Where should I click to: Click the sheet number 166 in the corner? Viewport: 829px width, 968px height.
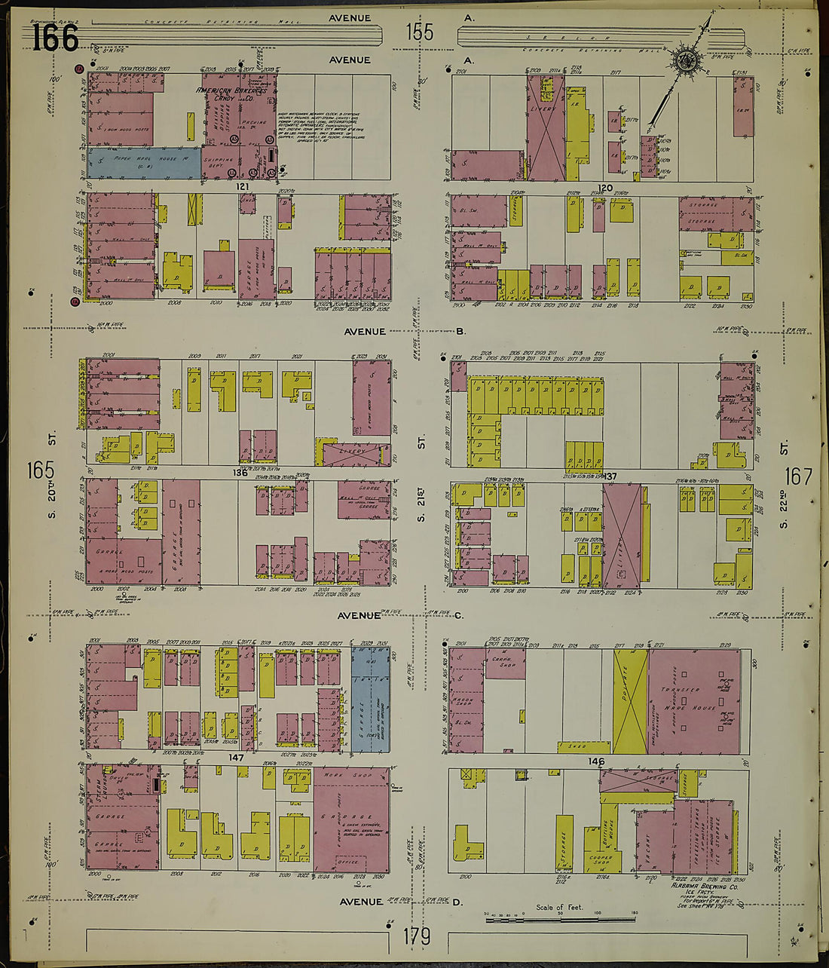pos(55,38)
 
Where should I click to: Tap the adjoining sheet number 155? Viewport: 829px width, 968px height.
pos(420,32)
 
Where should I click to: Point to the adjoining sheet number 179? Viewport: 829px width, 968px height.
pos(417,936)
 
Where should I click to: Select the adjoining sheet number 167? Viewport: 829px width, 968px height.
pos(798,476)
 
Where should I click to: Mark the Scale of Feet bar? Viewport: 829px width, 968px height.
pos(560,918)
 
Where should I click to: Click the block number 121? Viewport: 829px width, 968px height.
pos(242,186)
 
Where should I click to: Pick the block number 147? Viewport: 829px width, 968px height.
pos(237,757)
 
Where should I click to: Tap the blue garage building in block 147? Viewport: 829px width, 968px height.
pos(370,699)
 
